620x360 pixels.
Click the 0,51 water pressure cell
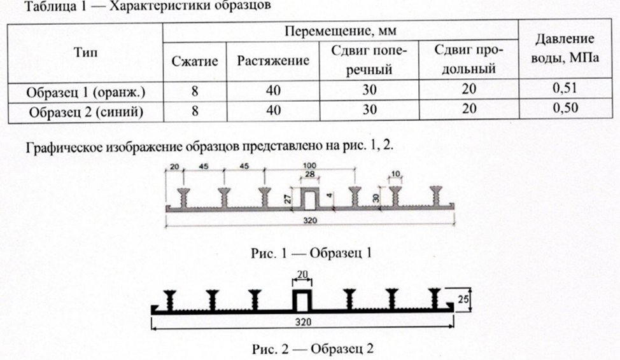[565, 88]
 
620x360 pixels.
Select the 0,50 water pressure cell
[565, 108]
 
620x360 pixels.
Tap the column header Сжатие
[195, 61]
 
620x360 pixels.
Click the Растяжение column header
[273, 60]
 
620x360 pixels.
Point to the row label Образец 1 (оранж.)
[86, 92]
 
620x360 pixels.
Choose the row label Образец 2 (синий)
[86, 112]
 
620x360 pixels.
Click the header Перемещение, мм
[341, 31]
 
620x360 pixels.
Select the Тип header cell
[85, 52]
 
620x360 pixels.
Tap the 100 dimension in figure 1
[309, 165]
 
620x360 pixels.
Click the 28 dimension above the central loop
[309, 174]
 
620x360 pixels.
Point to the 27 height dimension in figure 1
[288, 198]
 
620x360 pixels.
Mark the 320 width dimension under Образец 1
[310, 221]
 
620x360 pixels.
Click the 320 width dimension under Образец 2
[303, 322]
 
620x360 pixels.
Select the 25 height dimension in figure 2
[463, 299]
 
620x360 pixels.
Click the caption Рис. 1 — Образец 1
[311, 253]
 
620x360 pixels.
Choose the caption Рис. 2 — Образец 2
[313, 349]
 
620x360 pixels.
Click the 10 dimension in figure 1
[395, 174]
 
